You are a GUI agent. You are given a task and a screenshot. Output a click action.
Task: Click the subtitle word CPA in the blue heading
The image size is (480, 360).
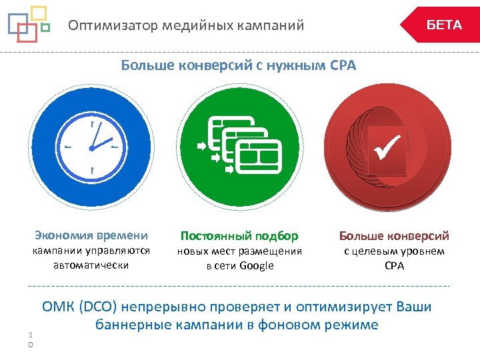[x=343, y=65]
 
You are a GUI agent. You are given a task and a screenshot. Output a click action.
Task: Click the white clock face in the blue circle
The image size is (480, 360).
[x=91, y=147]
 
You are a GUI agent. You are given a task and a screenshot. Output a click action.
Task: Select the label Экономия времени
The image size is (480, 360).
[x=91, y=235]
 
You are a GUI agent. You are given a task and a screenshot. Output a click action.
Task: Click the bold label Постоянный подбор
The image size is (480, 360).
[x=239, y=236]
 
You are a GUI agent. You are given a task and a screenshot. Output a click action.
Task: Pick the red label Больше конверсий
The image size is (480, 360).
[x=394, y=236]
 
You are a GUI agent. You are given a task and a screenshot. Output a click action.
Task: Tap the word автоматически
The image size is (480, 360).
[x=91, y=265]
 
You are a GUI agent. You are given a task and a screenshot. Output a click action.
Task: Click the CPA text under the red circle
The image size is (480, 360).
[x=394, y=265]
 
